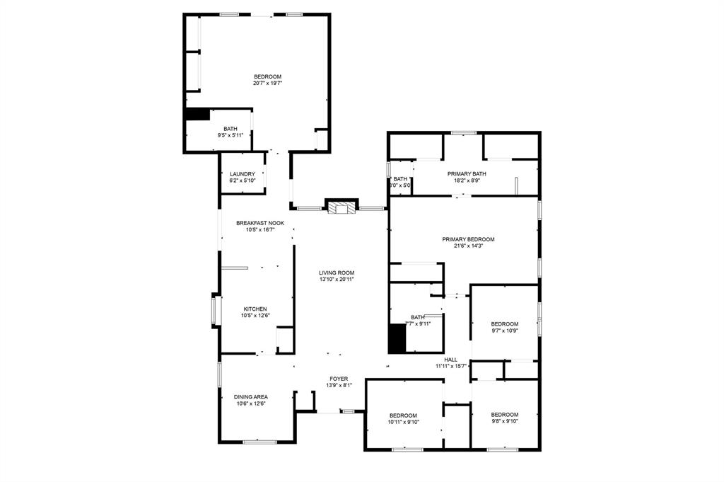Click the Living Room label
[x=336, y=272]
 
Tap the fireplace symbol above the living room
[x=342, y=206]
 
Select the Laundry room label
[x=242, y=174]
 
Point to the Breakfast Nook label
[x=260, y=223]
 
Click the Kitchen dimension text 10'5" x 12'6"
[x=256, y=316]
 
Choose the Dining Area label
[x=251, y=396]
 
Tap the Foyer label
[x=339, y=379]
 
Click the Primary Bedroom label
[x=468, y=239]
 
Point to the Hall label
[x=450, y=360]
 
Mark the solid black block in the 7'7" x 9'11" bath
[x=398, y=338]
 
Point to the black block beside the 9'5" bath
[x=197, y=114]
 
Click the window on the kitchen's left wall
[x=215, y=311]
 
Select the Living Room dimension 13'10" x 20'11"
[x=336, y=280]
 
